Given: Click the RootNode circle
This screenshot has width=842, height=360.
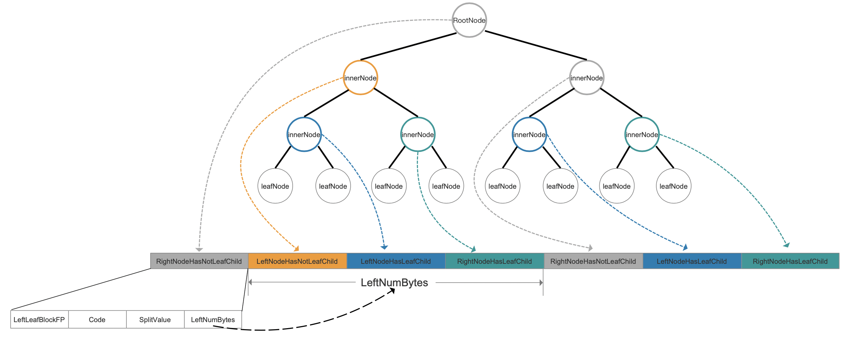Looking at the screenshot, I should [x=469, y=20].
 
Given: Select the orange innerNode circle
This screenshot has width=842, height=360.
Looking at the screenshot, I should [x=360, y=78].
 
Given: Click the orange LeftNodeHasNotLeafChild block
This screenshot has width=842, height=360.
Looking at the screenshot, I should [x=297, y=261].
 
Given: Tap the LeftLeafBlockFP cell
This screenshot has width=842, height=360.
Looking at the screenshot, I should [x=39, y=319].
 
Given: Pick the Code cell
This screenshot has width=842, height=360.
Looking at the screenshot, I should [x=97, y=319].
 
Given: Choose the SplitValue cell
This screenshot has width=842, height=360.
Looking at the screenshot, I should [x=155, y=319].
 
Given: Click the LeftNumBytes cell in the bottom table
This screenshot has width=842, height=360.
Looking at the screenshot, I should [x=213, y=319].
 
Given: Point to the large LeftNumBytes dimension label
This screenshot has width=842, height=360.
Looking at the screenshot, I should [x=394, y=283].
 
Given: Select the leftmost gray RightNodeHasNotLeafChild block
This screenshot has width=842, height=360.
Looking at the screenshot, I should [x=199, y=261].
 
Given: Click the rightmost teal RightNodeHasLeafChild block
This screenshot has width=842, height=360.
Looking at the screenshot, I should [x=790, y=261].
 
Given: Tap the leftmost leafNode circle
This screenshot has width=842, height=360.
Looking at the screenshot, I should [x=275, y=186].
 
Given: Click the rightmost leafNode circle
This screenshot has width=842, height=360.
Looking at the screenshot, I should [x=673, y=186].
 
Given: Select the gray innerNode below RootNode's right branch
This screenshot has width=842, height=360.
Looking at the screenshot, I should [x=587, y=78].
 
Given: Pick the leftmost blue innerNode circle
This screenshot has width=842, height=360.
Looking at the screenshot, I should [x=304, y=134].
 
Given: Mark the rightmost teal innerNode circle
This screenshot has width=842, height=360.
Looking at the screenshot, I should [x=642, y=134].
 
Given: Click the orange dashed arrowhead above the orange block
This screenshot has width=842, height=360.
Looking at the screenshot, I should [x=296, y=249].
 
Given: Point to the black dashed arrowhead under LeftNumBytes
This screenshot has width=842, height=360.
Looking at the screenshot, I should [x=392, y=291].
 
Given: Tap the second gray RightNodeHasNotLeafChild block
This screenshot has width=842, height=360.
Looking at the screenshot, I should [x=593, y=261].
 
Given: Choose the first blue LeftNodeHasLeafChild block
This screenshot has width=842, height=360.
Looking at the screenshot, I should [x=396, y=261].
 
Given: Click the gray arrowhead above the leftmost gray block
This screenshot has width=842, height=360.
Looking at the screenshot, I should [x=199, y=249].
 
